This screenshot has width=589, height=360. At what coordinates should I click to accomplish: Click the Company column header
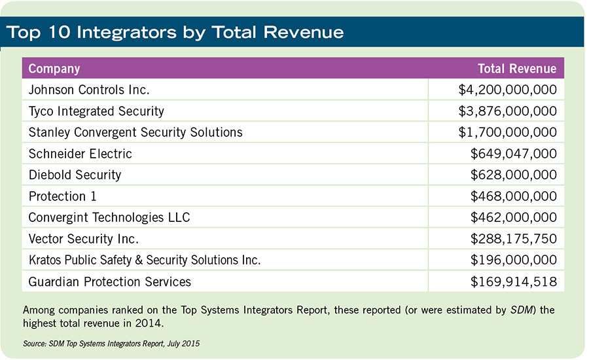pyautogui.click(x=54, y=69)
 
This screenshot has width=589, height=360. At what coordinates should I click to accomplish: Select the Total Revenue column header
pyautogui.click(x=517, y=69)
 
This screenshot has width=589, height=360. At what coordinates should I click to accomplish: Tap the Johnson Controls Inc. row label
pyautogui.click(x=90, y=90)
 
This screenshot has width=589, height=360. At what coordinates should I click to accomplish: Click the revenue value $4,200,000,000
pyautogui.click(x=508, y=90)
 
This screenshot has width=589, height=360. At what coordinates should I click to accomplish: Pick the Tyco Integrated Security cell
pyautogui.click(x=96, y=111)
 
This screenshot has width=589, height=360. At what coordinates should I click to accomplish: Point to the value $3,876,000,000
pyautogui.click(x=508, y=111)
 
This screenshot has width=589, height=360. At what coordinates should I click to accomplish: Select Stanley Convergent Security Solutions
pyautogui.click(x=135, y=132)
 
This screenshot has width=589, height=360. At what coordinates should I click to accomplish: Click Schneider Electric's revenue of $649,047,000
pyautogui.click(x=514, y=154)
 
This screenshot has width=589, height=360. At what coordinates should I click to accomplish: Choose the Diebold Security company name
pyautogui.click(x=75, y=175)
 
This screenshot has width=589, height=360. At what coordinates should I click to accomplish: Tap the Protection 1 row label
pyautogui.click(x=63, y=196)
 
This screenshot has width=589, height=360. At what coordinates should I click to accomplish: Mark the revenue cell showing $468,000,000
pyautogui.click(x=514, y=196)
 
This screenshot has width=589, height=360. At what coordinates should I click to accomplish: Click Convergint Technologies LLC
pyautogui.click(x=109, y=217)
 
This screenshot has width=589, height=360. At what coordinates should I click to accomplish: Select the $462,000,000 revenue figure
pyautogui.click(x=514, y=217)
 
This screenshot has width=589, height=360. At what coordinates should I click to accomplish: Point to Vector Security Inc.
pyautogui.click(x=84, y=239)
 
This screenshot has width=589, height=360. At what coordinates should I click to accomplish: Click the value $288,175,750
pyautogui.click(x=514, y=239)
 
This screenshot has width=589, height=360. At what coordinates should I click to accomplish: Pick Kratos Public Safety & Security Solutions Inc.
pyautogui.click(x=145, y=260)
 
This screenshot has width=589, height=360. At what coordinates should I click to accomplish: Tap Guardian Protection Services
pyautogui.click(x=110, y=281)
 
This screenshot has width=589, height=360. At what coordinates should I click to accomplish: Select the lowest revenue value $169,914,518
pyautogui.click(x=514, y=281)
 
